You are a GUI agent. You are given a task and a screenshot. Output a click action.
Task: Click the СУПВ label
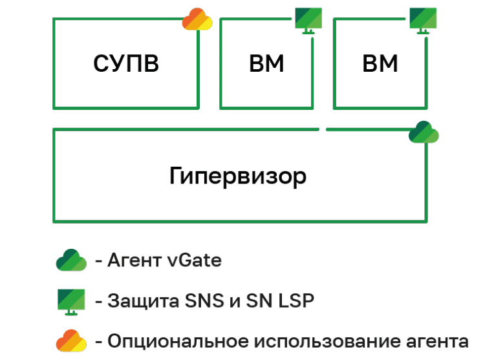125,64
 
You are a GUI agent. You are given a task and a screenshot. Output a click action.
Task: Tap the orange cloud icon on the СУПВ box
197,20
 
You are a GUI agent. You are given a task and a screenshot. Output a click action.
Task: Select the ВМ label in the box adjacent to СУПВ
266,64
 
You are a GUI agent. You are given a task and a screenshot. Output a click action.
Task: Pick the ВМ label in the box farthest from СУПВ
380,64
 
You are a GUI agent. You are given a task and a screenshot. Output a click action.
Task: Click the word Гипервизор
238,176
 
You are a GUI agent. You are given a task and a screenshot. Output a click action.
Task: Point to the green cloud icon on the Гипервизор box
424,132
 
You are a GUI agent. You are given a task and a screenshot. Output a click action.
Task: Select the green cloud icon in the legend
70,260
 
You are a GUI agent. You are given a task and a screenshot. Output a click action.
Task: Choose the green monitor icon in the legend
70,301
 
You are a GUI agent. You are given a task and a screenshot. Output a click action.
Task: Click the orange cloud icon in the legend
70,340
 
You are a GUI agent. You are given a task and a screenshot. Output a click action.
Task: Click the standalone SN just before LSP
259,301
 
